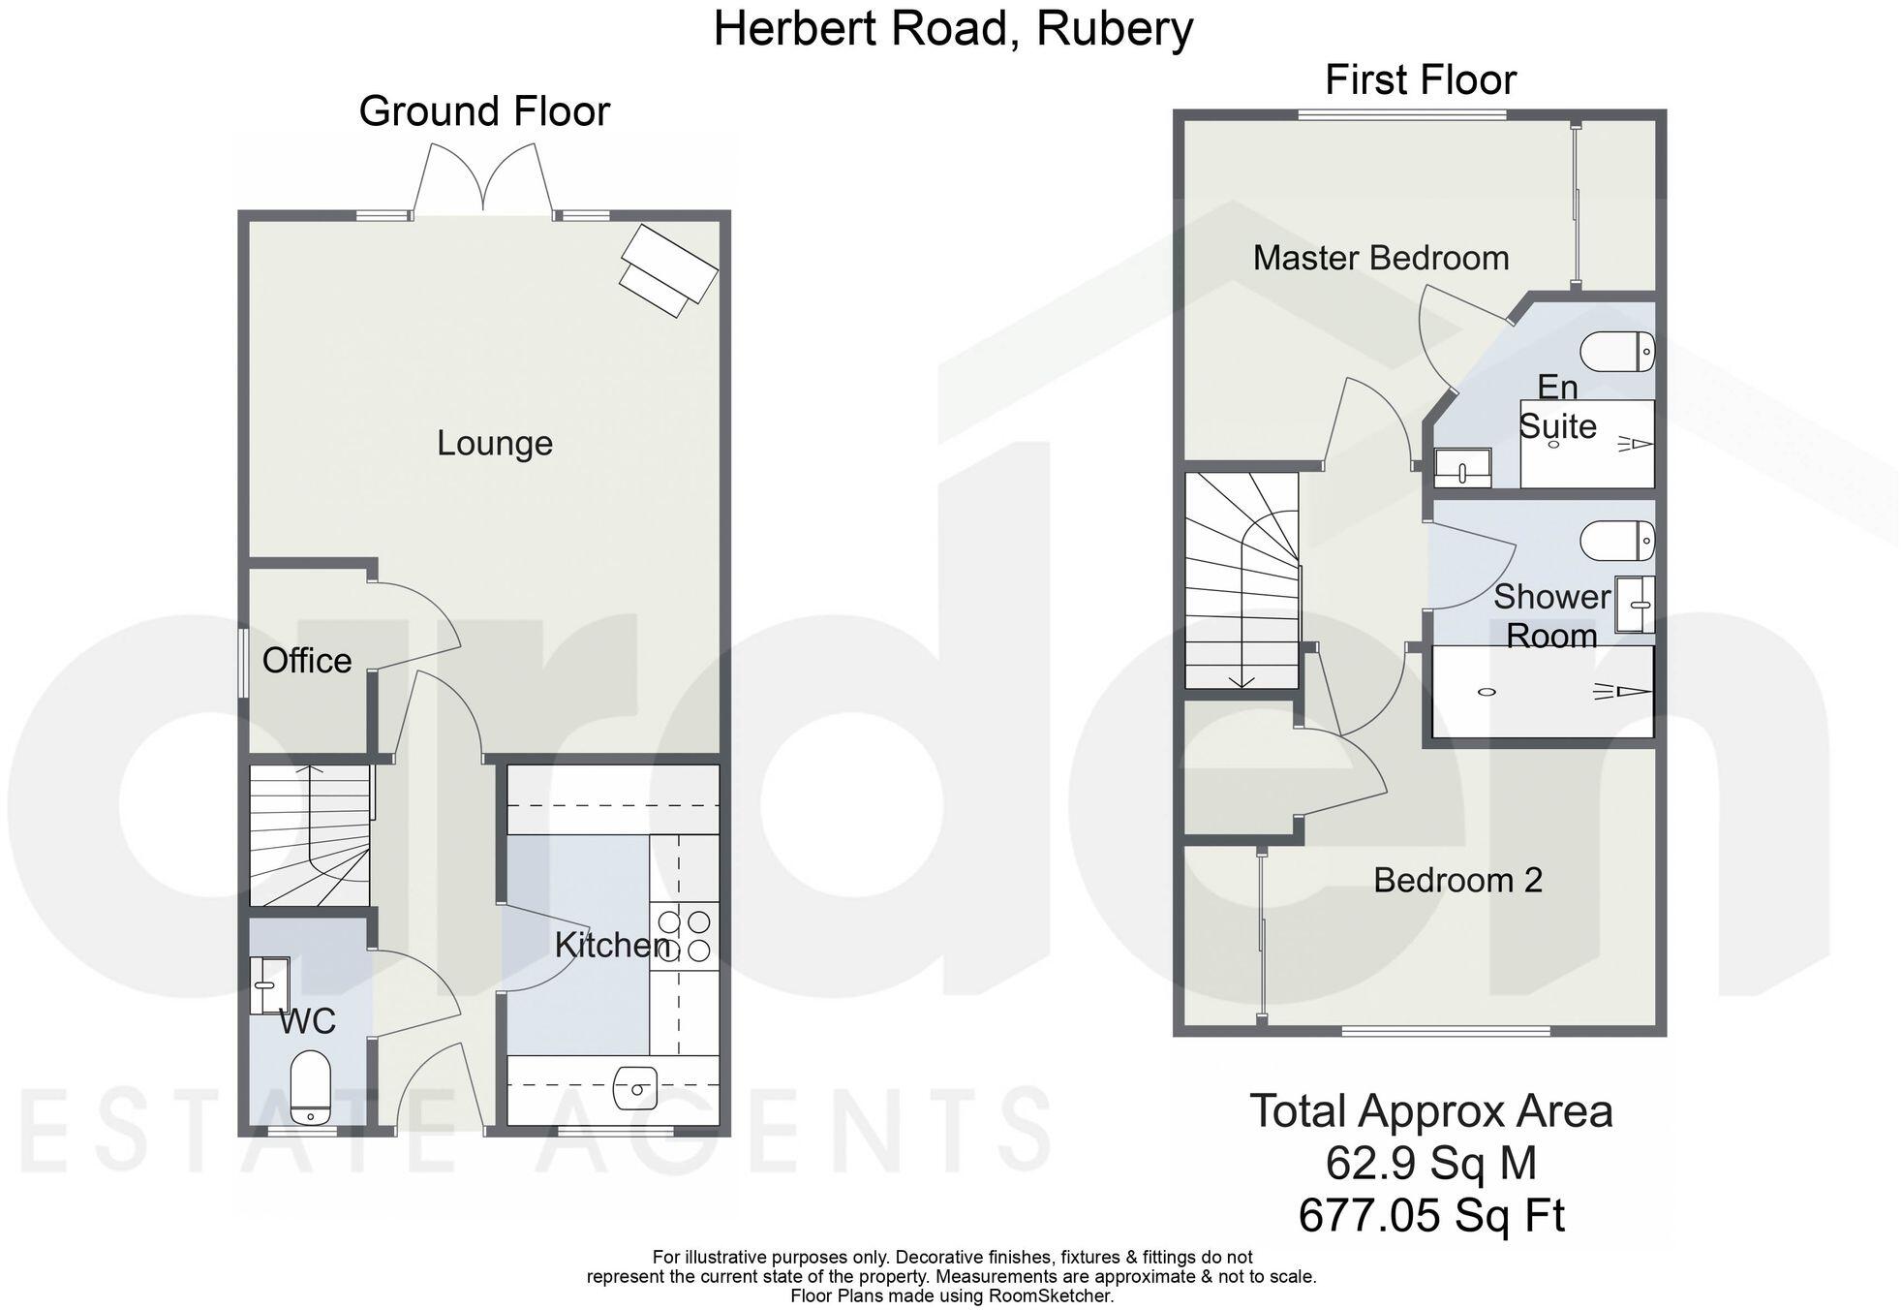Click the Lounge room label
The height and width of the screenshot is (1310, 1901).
coord(494,443)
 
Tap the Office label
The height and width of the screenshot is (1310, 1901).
coord(307,661)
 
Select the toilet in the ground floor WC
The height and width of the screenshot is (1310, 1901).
coord(311,1085)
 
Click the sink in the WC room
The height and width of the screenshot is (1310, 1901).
coord(268,985)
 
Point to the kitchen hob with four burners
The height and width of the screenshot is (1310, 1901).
coord(685,935)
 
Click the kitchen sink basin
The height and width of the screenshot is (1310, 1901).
coord(634,1088)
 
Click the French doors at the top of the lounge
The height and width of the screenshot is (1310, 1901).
coord(483,179)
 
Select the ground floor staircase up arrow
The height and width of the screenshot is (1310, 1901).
coord(310,772)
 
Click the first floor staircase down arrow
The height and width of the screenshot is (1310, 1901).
coord(1242,681)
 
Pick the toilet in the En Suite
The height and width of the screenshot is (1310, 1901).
coord(1617,352)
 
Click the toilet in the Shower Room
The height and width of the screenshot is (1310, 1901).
coord(1617,541)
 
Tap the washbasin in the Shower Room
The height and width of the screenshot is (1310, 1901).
coord(1635,605)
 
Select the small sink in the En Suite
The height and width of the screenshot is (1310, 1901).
coord(1461,468)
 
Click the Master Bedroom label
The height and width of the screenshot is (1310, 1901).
coord(1380,258)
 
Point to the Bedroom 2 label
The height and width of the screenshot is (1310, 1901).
coord(1456,880)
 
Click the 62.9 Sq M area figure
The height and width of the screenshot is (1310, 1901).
coord(1430,1163)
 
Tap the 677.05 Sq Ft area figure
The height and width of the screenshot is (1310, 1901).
coord(1430,1215)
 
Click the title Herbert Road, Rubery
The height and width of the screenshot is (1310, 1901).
coord(952,29)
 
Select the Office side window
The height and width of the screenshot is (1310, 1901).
coord(242,662)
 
